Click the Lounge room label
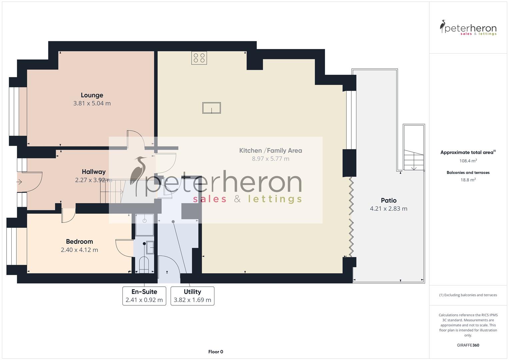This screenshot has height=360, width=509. coord(92,95)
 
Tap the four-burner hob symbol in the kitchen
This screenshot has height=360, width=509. coord(199,58)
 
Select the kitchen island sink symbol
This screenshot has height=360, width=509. coord(211,108)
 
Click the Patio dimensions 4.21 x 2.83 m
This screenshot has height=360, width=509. coord(388,209)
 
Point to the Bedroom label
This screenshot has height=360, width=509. coord(79,242)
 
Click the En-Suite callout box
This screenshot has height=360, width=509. coord(144,296)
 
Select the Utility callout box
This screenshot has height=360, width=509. coord(192,296)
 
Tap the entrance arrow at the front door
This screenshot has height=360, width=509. coord(19,182)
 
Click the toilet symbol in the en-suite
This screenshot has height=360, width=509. coord(144,265)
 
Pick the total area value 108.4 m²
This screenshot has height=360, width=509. coord(468,161)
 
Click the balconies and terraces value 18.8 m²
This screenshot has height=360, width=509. coord(468,180)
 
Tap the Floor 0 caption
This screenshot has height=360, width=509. coord(215,352)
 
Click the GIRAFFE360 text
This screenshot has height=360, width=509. coord(468,345)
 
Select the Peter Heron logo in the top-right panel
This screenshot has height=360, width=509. coord(468,28)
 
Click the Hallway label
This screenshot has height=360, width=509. coord(94,172)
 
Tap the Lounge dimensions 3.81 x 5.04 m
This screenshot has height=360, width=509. coord(92,103)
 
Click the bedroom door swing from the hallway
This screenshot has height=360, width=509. coord(68,216)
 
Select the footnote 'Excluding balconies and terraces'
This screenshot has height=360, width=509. coord(468,295)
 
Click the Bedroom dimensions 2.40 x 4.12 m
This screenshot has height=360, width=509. coord(79,250)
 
